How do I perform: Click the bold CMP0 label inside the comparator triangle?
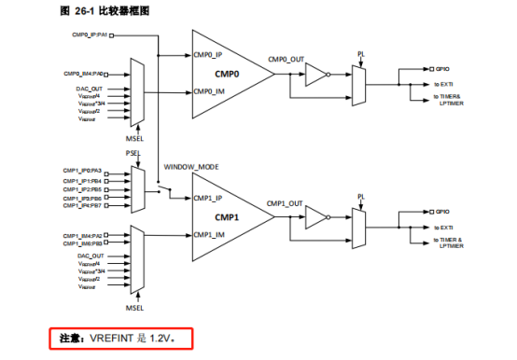click(x=227, y=72)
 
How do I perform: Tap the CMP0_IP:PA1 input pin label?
click(x=90, y=35)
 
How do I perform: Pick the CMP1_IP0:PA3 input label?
click(x=83, y=172)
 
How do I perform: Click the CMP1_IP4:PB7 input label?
click(x=83, y=205)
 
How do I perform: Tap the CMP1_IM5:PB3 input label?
click(x=83, y=242)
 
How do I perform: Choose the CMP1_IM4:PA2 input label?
click(x=83, y=235)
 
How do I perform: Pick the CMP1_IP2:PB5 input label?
click(x=83, y=188)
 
